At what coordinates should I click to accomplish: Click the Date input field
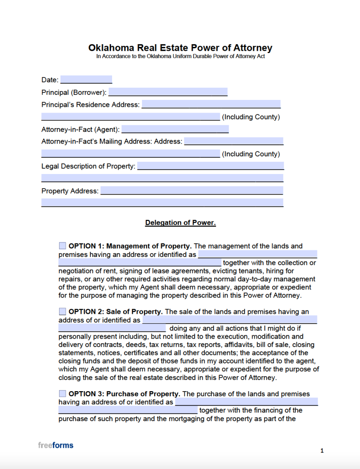[86, 80]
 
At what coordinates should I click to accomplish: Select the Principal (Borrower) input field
[168, 92]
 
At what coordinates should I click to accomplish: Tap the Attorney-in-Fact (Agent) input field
[175, 129]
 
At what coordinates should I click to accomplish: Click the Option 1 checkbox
[63, 246]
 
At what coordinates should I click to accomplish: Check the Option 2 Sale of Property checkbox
[63, 311]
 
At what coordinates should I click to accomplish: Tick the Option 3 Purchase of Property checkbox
[63, 393]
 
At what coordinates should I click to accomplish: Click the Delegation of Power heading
[180, 223]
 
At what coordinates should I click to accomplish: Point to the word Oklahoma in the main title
[111, 48]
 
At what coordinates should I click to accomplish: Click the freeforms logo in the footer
[56, 445]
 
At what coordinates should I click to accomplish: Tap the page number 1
[322, 451]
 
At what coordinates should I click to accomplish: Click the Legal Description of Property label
[88, 166]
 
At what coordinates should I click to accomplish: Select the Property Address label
[70, 191]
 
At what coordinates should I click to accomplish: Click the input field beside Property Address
[192, 191]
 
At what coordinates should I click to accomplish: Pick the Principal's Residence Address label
[90, 105]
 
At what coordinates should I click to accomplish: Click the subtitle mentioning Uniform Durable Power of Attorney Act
[180, 56]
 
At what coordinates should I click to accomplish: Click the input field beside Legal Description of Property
[210, 166]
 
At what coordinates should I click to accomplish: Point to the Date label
[50, 80]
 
